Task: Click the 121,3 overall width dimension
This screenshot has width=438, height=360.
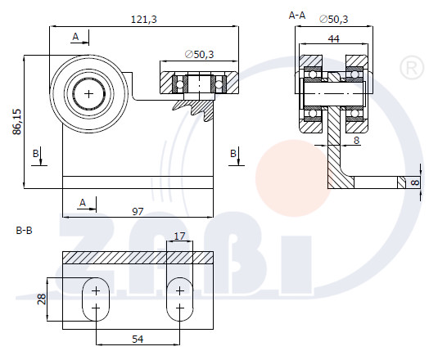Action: (144, 20)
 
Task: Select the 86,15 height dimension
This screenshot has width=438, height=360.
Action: (17, 122)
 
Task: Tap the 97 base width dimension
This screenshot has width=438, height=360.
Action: (138, 212)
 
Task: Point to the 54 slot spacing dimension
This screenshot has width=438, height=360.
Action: (138, 339)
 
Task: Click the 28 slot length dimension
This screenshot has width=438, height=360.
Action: (42, 299)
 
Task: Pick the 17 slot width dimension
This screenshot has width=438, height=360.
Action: (179, 236)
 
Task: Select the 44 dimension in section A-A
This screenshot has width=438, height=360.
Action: (333, 38)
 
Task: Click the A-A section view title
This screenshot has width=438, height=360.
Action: (297, 16)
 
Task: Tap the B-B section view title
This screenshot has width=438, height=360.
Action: (25, 231)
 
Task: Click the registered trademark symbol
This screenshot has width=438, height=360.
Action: (412, 68)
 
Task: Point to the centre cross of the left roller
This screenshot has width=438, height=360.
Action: (89, 94)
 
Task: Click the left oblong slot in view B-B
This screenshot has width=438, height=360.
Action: (96, 299)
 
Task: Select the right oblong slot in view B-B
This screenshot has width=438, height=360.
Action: (179, 299)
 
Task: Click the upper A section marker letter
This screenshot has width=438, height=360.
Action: (75, 37)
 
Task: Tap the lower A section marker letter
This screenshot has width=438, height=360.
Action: (83, 203)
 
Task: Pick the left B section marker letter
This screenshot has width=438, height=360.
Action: (35, 154)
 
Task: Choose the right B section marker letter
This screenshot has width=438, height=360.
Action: (233, 154)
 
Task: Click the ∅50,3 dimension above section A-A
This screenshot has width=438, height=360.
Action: (333, 19)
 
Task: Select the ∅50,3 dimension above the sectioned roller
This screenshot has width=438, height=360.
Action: (199, 54)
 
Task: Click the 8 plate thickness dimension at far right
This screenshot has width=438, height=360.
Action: (415, 182)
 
